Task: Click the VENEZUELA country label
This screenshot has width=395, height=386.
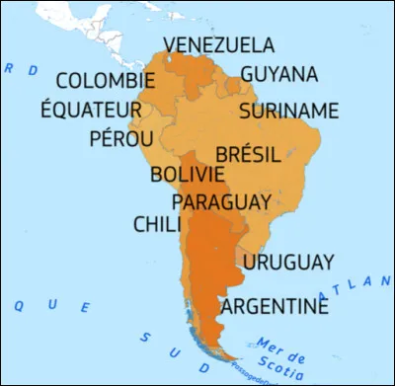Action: (x=218, y=45)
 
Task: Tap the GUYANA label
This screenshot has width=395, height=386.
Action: (x=278, y=75)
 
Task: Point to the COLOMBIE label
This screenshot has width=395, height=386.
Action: (x=106, y=81)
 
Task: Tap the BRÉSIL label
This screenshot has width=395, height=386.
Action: (x=248, y=155)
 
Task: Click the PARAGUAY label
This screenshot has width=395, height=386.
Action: (x=221, y=202)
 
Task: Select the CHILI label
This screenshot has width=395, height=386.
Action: (x=157, y=225)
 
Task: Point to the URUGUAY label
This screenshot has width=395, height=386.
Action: (x=288, y=262)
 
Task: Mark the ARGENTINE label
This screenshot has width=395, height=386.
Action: (x=274, y=306)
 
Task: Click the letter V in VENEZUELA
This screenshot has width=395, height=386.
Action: (x=170, y=45)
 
